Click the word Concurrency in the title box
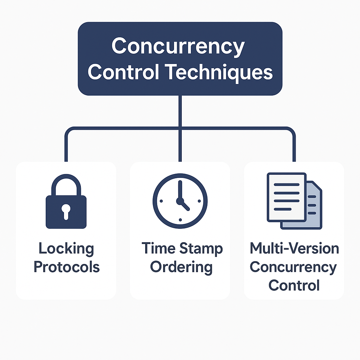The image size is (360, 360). coord(178,47)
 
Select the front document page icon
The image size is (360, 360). coord(286,197)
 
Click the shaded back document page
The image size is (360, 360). coord(314,211)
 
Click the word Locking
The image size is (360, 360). coord(66,249)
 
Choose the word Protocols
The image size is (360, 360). coord(66,267)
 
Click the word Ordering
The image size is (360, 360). coord(181,267)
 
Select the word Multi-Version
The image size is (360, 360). coord(294,249)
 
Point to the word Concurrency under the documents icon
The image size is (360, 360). coord(293,267)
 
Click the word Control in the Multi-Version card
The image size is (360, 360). coord(294,285)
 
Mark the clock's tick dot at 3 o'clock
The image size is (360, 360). coord(199,201)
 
